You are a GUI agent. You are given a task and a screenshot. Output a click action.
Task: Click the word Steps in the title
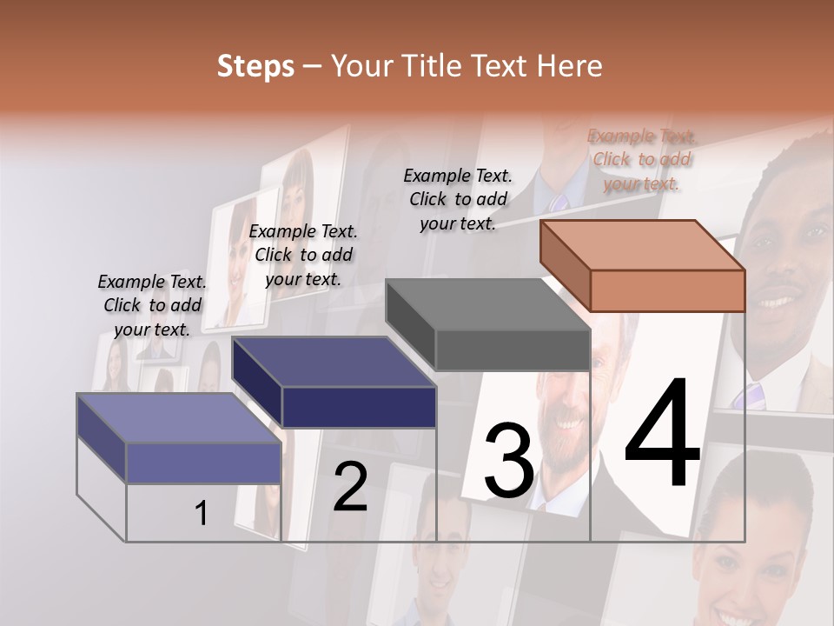[x=255, y=66]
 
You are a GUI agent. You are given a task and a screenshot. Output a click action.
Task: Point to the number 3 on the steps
[x=508, y=461]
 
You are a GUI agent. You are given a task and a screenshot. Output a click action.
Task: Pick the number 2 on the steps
[x=350, y=487]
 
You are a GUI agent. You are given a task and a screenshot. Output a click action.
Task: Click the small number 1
[x=201, y=514]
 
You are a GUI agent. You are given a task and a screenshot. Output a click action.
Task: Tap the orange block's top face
[x=642, y=244]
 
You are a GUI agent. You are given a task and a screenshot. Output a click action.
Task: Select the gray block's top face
[x=487, y=303]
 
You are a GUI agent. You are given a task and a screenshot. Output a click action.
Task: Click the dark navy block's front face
[x=359, y=407]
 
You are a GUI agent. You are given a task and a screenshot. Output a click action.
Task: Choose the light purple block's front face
[x=203, y=463]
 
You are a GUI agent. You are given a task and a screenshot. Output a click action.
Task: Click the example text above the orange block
[x=641, y=159]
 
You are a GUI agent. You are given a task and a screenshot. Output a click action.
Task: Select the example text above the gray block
[x=458, y=199]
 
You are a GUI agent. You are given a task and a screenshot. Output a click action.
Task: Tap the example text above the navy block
[x=303, y=255]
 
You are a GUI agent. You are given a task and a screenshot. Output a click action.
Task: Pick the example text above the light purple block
[x=152, y=305]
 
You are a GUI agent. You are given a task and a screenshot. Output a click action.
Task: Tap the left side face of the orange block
[x=565, y=265]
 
